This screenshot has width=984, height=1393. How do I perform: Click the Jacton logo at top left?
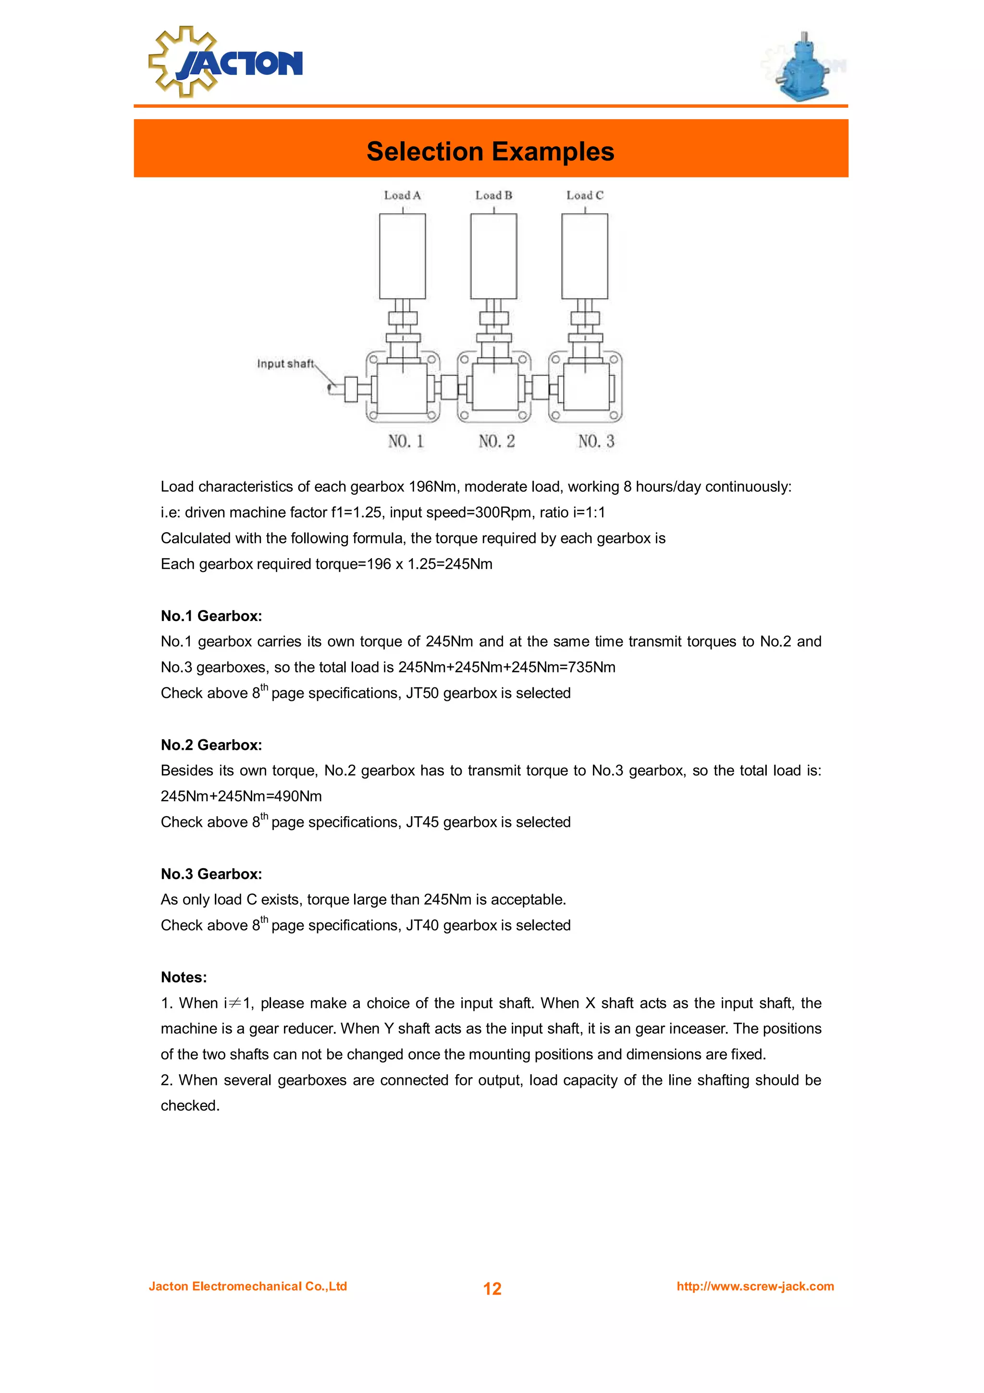pyautogui.click(x=225, y=62)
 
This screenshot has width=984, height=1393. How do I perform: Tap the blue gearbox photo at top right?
pyautogui.click(x=803, y=67)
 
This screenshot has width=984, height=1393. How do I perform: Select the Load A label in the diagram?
pyautogui.click(x=402, y=195)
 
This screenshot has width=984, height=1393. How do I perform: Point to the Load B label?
pyautogui.click(x=493, y=195)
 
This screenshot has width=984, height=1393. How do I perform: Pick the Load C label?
pyautogui.click(x=584, y=195)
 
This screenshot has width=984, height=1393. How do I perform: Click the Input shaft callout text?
pyautogui.click(x=285, y=363)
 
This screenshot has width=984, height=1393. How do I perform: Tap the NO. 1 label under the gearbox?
pyautogui.click(x=406, y=441)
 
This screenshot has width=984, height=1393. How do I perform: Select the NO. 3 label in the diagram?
pyautogui.click(x=596, y=441)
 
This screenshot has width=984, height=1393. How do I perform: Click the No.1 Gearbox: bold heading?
pyautogui.click(x=211, y=616)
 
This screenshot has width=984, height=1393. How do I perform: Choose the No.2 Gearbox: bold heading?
pyautogui.click(x=211, y=745)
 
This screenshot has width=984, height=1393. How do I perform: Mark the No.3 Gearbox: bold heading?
pyautogui.click(x=211, y=874)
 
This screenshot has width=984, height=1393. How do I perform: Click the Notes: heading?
pyautogui.click(x=184, y=977)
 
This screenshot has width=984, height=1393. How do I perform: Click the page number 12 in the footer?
pyautogui.click(x=492, y=1288)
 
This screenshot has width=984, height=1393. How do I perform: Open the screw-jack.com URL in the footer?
pyautogui.click(x=755, y=1286)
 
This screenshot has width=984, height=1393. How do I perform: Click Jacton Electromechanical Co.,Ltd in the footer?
pyautogui.click(x=248, y=1286)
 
